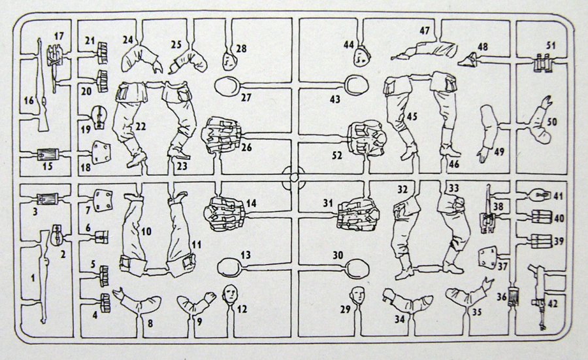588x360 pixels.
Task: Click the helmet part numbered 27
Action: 227,86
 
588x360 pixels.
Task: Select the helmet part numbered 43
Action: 357,85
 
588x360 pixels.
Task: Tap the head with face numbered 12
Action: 230,293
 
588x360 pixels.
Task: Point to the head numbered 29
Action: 358,295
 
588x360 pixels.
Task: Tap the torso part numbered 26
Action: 221,135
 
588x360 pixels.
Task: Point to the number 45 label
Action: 412,117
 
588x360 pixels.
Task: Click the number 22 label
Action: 140,126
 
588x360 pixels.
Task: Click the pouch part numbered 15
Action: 48,154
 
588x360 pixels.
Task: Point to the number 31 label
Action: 328,203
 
